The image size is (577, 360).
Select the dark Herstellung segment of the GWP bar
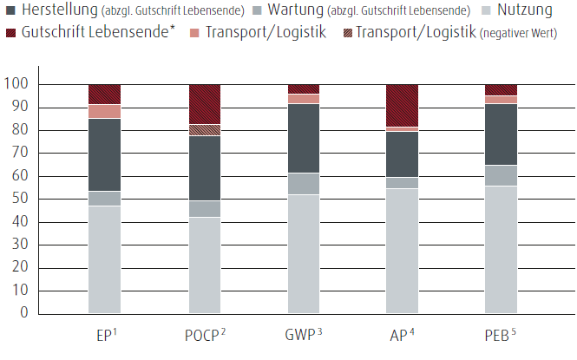click(x=304, y=138)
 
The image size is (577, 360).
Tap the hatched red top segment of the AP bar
click(x=402, y=105)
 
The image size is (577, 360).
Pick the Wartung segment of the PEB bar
click(x=501, y=175)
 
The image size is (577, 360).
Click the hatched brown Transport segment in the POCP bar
click(x=204, y=130)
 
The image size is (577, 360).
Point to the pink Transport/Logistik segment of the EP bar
click(x=104, y=111)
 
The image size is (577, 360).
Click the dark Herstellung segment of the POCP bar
click(x=204, y=168)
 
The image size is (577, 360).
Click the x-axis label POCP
click(x=203, y=335)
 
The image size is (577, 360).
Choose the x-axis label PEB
click(x=498, y=335)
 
